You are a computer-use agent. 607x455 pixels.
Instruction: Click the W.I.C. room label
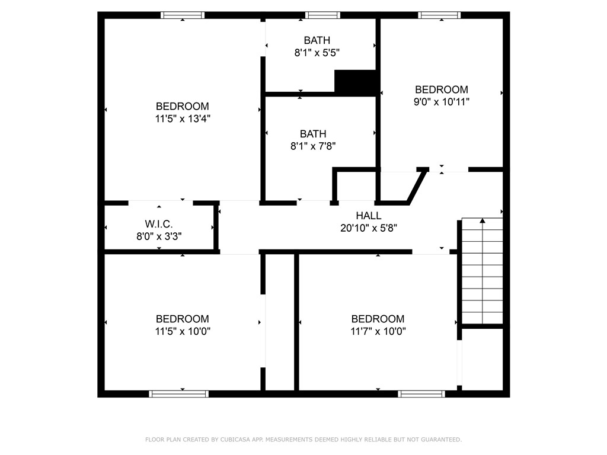(159, 224)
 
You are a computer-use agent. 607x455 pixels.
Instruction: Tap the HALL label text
(369, 216)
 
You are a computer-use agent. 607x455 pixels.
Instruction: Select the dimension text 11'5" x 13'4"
(183, 118)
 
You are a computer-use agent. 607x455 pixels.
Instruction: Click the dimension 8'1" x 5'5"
(317, 52)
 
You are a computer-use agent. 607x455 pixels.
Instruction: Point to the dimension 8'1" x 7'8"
(313, 146)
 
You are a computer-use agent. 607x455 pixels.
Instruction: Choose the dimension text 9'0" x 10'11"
(442, 101)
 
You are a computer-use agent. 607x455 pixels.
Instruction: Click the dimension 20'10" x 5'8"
(369, 227)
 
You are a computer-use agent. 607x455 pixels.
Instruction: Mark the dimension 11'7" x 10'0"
(378, 331)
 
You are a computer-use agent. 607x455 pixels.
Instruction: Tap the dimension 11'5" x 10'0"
(183, 331)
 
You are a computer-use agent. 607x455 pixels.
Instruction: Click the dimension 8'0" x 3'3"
(159, 236)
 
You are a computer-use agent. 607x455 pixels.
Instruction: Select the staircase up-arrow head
(483, 221)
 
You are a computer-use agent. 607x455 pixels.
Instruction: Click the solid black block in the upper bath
(356, 82)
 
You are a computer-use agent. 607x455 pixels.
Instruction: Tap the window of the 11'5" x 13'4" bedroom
(183, 15)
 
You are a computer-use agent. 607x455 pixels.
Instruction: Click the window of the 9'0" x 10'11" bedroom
(439, 15)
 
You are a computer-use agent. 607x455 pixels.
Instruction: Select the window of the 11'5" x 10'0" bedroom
(178, 393)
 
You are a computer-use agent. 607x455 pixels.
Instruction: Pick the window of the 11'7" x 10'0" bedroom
(421, 393)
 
